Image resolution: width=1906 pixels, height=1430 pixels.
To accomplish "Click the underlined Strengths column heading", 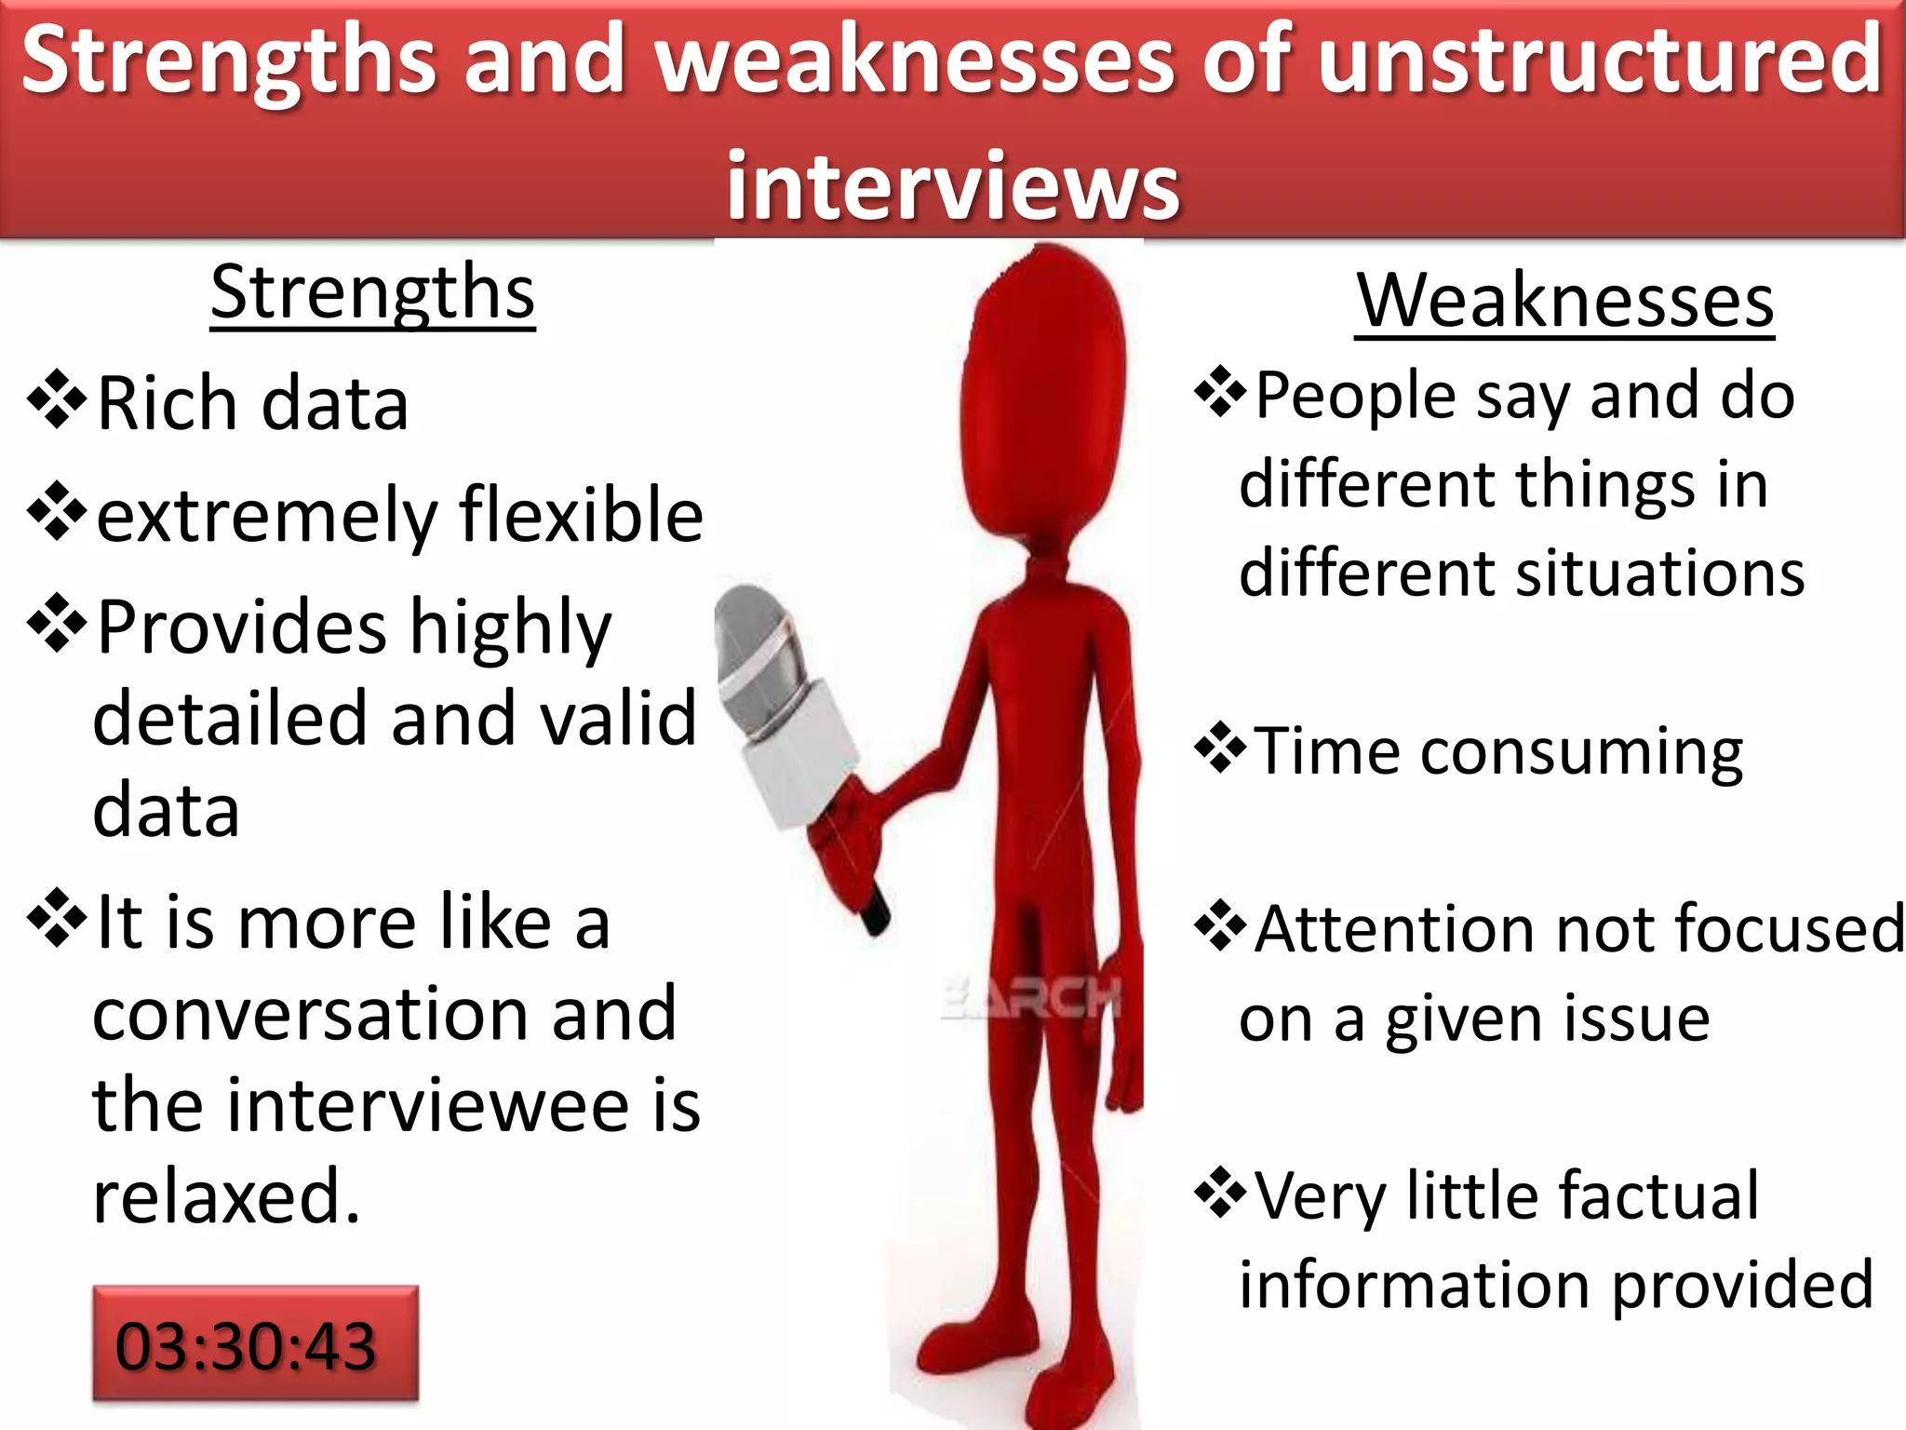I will point(372,293).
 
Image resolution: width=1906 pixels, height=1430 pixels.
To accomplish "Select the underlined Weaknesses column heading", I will point(1564,301).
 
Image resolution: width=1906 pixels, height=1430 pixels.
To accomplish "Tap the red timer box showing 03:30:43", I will point(255,1343).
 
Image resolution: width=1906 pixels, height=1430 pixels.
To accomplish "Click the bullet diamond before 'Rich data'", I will point(58,400).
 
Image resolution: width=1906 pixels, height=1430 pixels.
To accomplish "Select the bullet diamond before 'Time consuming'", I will point(1220,748).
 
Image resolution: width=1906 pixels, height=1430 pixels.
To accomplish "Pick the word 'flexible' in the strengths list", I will point(582,514).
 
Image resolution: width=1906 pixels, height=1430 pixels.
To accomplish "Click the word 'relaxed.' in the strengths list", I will point(226,1196).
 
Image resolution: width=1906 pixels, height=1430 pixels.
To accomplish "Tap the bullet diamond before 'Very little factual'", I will point(1220,1193).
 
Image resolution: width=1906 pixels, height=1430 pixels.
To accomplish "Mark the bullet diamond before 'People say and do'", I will point(1220,392).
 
